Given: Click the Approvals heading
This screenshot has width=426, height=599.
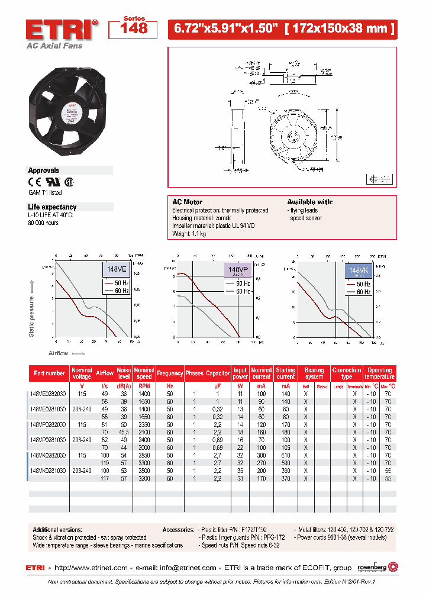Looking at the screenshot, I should [x=44, y=170].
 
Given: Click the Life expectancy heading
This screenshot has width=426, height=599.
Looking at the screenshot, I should [x=53, y=207].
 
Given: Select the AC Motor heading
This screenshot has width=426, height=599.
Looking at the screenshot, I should [x=188, y=202].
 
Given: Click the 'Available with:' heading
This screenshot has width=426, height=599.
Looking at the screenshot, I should [x=310, y=202].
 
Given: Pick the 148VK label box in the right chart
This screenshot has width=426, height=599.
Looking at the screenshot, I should [x=359, y=271].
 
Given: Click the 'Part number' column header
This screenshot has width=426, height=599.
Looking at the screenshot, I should [x=50, y=373].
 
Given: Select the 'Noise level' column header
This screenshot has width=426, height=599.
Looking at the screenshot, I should [x=124, y=373].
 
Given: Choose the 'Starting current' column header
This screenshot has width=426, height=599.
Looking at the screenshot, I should [x=286, y=373].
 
